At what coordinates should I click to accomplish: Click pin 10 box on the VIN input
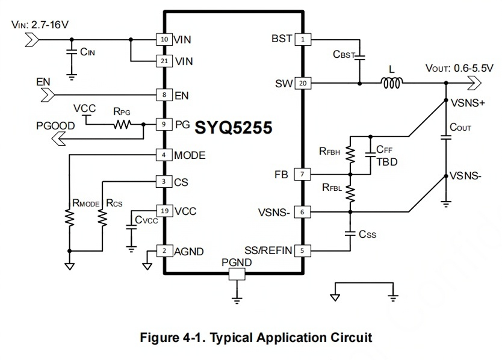tap(164, 39)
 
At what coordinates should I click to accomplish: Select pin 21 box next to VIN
tap(164, 61)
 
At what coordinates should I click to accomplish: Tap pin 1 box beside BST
tap(303, 39)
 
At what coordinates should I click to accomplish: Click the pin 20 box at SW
tap(303, 83)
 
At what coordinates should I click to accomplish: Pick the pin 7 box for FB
tap(302, 175)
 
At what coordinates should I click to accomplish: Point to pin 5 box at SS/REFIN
tap(302, 250)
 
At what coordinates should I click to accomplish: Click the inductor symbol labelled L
tap(391, 83)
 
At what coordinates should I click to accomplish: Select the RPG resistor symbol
tap(122, 124)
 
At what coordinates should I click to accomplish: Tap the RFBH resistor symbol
tap(350, 155)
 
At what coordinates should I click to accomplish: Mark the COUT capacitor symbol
tap(446, 137)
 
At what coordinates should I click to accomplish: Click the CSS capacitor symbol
tap(350, 234)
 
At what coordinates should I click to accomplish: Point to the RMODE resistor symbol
tap(69, 217)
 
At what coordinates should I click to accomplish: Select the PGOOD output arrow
tap(58, 138)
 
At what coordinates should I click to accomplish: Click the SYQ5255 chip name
tap(234, 128)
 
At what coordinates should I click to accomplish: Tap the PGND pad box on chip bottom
tap(237, 274)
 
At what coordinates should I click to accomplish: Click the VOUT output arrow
tap(474, 83)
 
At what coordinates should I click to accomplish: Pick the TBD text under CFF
tap(387, 162)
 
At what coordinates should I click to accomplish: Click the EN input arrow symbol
tap(48, 95)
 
